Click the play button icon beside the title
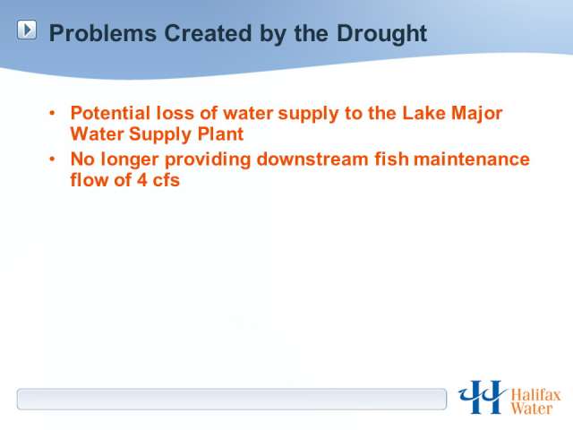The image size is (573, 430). click(27, 30)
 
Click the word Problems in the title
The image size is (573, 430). click(103, 33)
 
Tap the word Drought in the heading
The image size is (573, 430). click(381, 34)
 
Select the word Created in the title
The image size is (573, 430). click(209, 33)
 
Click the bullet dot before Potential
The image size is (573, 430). click(52, 113)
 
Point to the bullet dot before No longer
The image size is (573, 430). click(52, 159)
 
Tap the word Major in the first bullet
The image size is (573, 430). click(477, 114)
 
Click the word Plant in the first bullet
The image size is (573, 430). click(220, 133)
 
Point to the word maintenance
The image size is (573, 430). click(472, 159)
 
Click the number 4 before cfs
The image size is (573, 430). click(142, 180)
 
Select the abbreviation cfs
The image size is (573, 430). click(167, 180)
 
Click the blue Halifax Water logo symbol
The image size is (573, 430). click(482, 397)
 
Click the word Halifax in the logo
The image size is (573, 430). click(535, 395)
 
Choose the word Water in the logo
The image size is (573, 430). click(532, 408)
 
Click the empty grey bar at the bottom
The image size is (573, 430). click(232, 399)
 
